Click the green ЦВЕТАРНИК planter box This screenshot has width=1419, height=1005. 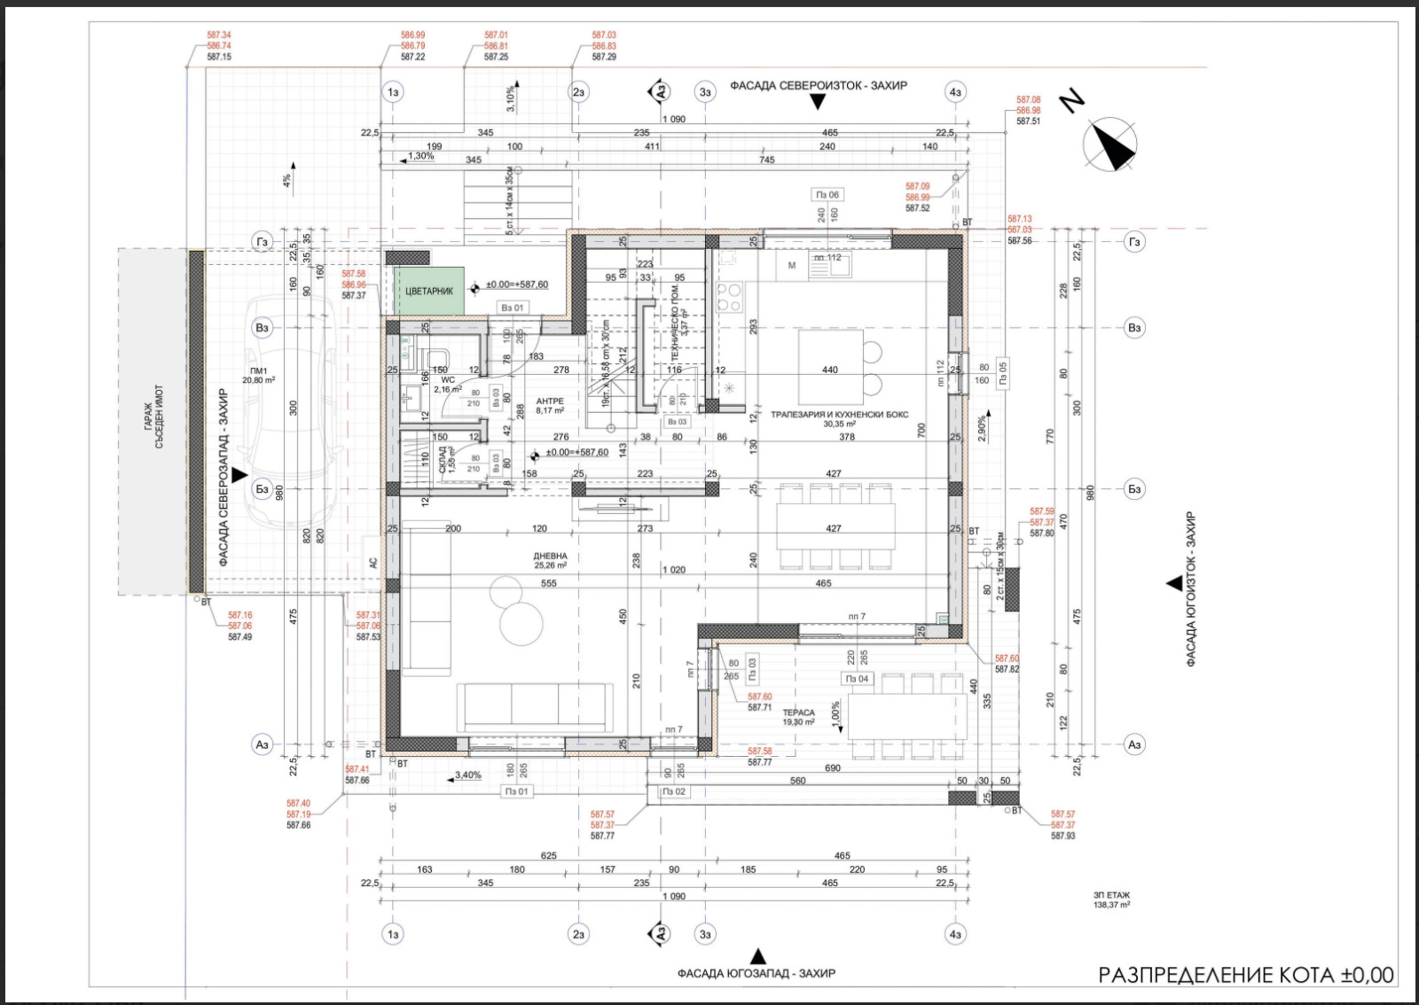coord(429,291)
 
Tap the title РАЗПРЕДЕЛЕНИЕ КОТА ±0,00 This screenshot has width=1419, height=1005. coord(1245,975)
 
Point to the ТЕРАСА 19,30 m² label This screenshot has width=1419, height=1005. coord(798,717)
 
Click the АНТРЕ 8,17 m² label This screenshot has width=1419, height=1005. coord(550,406)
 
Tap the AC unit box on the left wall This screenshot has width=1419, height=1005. coord(373,563)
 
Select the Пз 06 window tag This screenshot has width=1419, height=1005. coord(827,194)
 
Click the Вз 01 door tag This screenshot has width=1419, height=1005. coord(513,308)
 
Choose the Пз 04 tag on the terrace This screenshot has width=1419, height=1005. coord(857,679)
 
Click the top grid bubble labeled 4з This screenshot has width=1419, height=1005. coord(955,92)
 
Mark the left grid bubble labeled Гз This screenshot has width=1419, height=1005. coord(262,242)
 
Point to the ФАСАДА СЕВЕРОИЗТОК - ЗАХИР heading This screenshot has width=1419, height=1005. coord(818,86)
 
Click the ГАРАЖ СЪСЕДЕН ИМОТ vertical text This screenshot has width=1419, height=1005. coord(153,417)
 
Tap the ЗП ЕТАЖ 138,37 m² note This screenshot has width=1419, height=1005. coord(1111,900)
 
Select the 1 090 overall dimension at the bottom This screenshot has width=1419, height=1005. coord(674,896)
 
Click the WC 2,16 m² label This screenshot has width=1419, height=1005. coord(448,385)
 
